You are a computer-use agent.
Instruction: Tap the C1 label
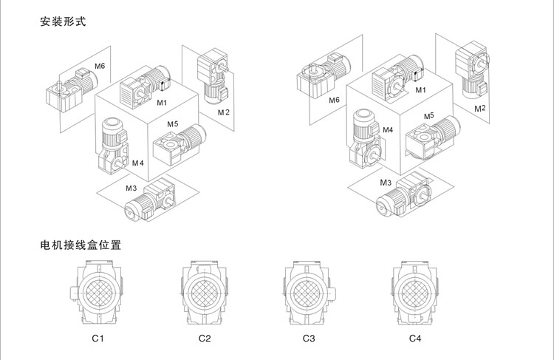[x=97, y=339]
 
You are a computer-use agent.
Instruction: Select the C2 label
[x=205, y=339]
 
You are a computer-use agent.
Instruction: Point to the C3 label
[x=309, y=339]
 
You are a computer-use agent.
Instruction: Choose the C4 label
[x=415, y=339]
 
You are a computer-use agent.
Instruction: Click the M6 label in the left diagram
[x=100, y=67]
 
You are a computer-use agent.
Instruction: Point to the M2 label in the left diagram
[x=224, y=112]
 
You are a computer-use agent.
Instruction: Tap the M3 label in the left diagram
[x=130, y=189]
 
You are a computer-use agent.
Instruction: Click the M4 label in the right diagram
[x=387, y=129]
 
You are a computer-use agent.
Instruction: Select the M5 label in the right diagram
[x=428, y=116]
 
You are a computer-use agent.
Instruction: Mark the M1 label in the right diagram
[x=421, y=90]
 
